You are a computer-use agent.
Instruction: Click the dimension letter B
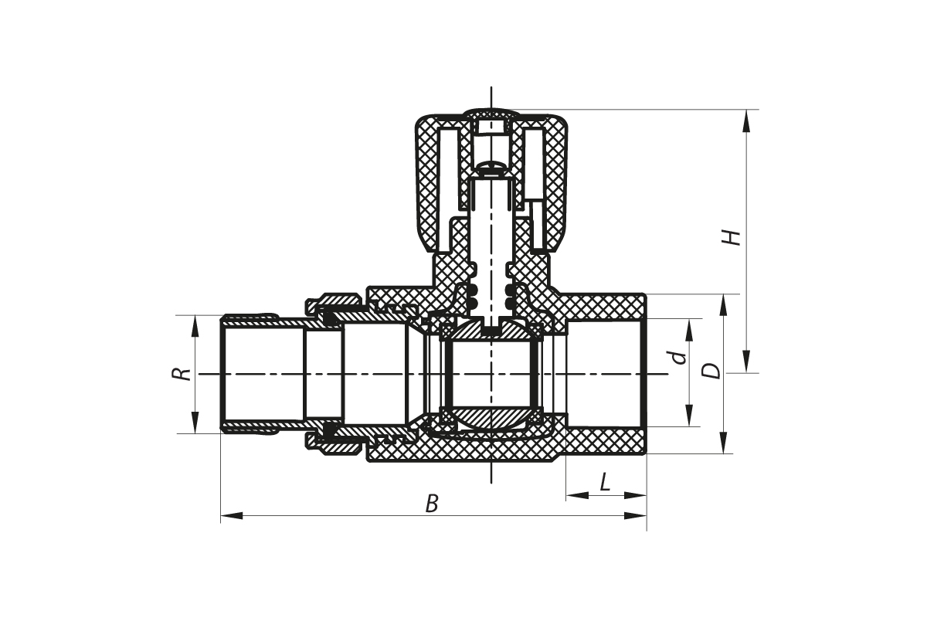[432, 504]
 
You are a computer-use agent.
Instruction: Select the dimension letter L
[605, 482]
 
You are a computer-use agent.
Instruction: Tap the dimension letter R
[182, 374]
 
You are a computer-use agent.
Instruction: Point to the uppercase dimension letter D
[711, 371]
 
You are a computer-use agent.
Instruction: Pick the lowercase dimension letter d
[678, 357]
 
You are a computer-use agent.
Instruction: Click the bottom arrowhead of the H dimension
[745, 362]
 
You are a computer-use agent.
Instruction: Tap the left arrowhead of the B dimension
[232, 516]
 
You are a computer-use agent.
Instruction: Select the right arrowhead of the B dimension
[635, 516]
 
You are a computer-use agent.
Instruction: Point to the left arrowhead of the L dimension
[578, 495]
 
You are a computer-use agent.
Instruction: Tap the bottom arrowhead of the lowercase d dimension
[689, 415]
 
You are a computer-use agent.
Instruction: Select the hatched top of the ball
[491, 331]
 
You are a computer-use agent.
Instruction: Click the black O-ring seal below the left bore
[330, 430]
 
